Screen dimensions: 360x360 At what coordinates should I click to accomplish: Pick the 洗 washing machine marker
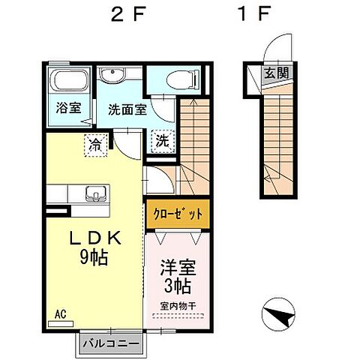161,139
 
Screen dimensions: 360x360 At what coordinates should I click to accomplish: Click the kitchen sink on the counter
95,193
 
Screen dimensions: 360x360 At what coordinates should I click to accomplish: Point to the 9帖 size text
95,259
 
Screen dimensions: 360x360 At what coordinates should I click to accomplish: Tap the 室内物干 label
177,306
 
